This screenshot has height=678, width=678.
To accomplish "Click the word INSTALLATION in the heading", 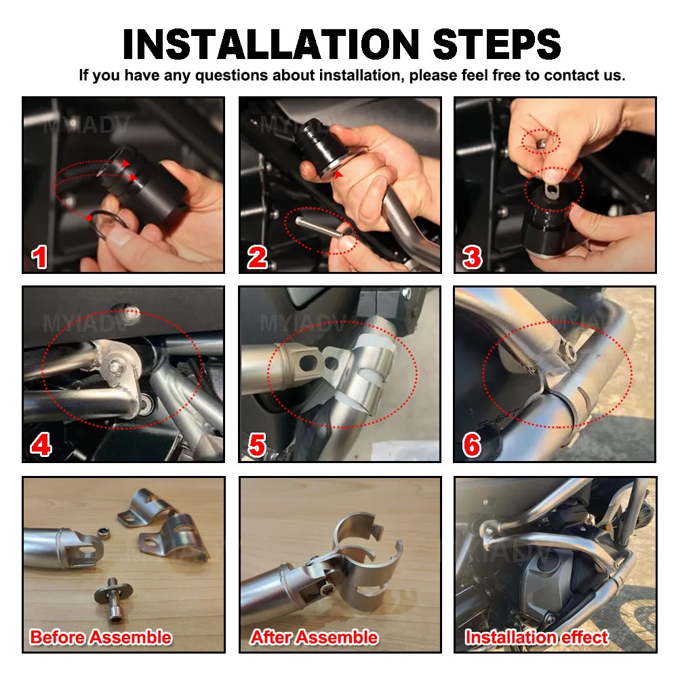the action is pos(271,44).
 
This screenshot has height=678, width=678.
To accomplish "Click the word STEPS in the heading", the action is pos(497,44).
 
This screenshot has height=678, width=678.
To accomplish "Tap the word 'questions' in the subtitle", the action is pos(232,76).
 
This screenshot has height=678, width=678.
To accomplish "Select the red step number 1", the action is pos(39,257).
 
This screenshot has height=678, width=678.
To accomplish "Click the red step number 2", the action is pos(257,257).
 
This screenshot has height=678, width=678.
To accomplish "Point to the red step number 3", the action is pos(472,257).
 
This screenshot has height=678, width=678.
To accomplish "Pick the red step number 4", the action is pos(41,445).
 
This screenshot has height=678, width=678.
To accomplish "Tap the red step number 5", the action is pos(257,445).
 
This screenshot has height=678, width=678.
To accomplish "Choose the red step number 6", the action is pos(472,445).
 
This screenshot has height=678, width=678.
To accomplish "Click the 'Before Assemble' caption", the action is pos(101,637).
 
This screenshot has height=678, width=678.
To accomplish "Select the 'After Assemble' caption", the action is pos(314,637).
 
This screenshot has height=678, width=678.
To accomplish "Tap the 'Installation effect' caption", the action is pos(536,637).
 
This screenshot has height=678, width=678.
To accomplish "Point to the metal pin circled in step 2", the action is pos(319,227).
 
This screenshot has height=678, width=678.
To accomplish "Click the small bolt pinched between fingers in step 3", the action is pos(540,143).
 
